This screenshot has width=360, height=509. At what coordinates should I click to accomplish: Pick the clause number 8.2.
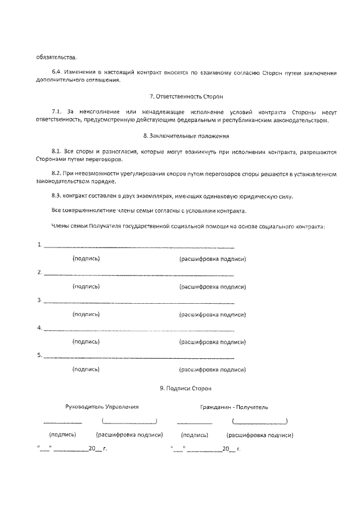click(x=56, y=174)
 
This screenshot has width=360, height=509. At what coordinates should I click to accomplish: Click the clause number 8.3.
click(x=56, y=196)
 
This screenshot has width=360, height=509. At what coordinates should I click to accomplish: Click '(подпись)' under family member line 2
click(x=86, y=286)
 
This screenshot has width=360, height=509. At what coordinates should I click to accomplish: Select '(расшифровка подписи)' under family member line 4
click(x=212, y=341)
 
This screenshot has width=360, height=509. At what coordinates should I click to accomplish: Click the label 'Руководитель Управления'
click(x=102, y=406)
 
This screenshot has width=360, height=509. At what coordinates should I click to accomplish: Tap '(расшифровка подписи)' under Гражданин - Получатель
click(x=259, y=435)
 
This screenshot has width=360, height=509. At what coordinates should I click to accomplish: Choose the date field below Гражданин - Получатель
click(x=205, y=449)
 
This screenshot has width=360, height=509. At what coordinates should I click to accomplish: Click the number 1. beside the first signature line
click(x=39, y=245)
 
